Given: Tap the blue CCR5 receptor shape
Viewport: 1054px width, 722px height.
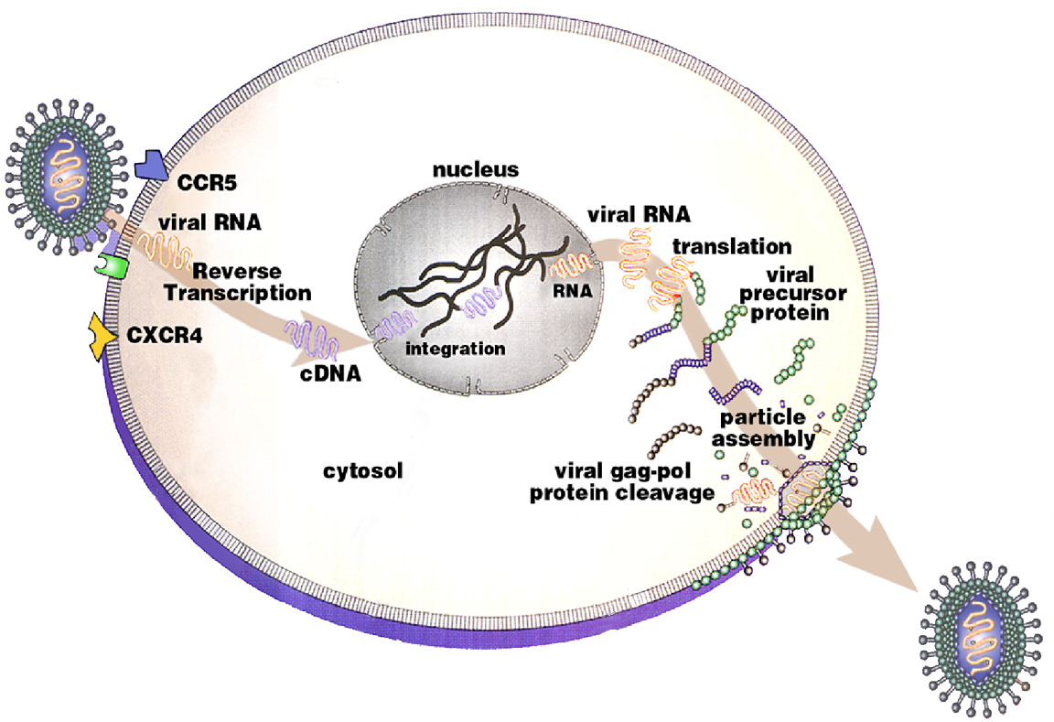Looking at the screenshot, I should coord(151,166).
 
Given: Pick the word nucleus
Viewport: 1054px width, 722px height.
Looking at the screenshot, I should coord(476,169).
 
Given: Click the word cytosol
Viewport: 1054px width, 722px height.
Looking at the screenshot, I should coord(363,471).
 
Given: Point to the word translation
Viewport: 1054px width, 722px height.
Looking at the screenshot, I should coord(731,246).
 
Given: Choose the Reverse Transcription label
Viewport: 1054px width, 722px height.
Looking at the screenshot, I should coord(249,283).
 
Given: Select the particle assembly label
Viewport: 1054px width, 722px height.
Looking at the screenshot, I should coord(763,427).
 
